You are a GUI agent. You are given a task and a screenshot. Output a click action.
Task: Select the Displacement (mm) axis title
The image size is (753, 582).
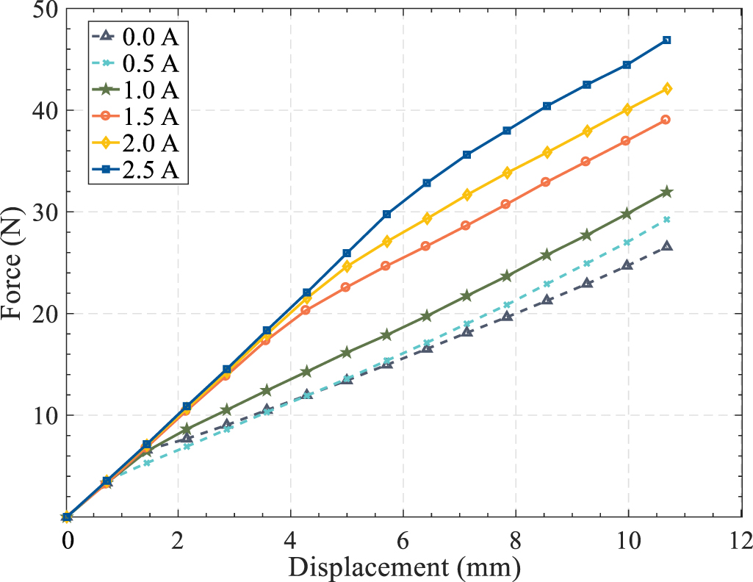pyautogui.click(x=404, y=567)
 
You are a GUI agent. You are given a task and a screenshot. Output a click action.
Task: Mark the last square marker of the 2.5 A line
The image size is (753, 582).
pyautogui.click(x=666, y=40)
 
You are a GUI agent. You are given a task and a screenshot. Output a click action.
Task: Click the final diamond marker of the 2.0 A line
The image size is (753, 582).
pyautogui.click(x=666, y=89)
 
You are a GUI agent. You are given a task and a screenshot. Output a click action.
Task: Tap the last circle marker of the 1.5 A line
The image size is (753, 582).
pyautogui.click(x=666, y=119)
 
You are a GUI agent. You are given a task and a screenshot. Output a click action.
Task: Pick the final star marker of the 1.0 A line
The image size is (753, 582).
pyautogui.click(x=666, y=192)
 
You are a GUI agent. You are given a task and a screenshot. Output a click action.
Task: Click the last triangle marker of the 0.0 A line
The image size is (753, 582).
pyautogui.click(x=666, y=246)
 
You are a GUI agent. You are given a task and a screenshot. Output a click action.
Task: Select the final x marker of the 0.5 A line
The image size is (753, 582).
pyautogui.click(x=666, y=219)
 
